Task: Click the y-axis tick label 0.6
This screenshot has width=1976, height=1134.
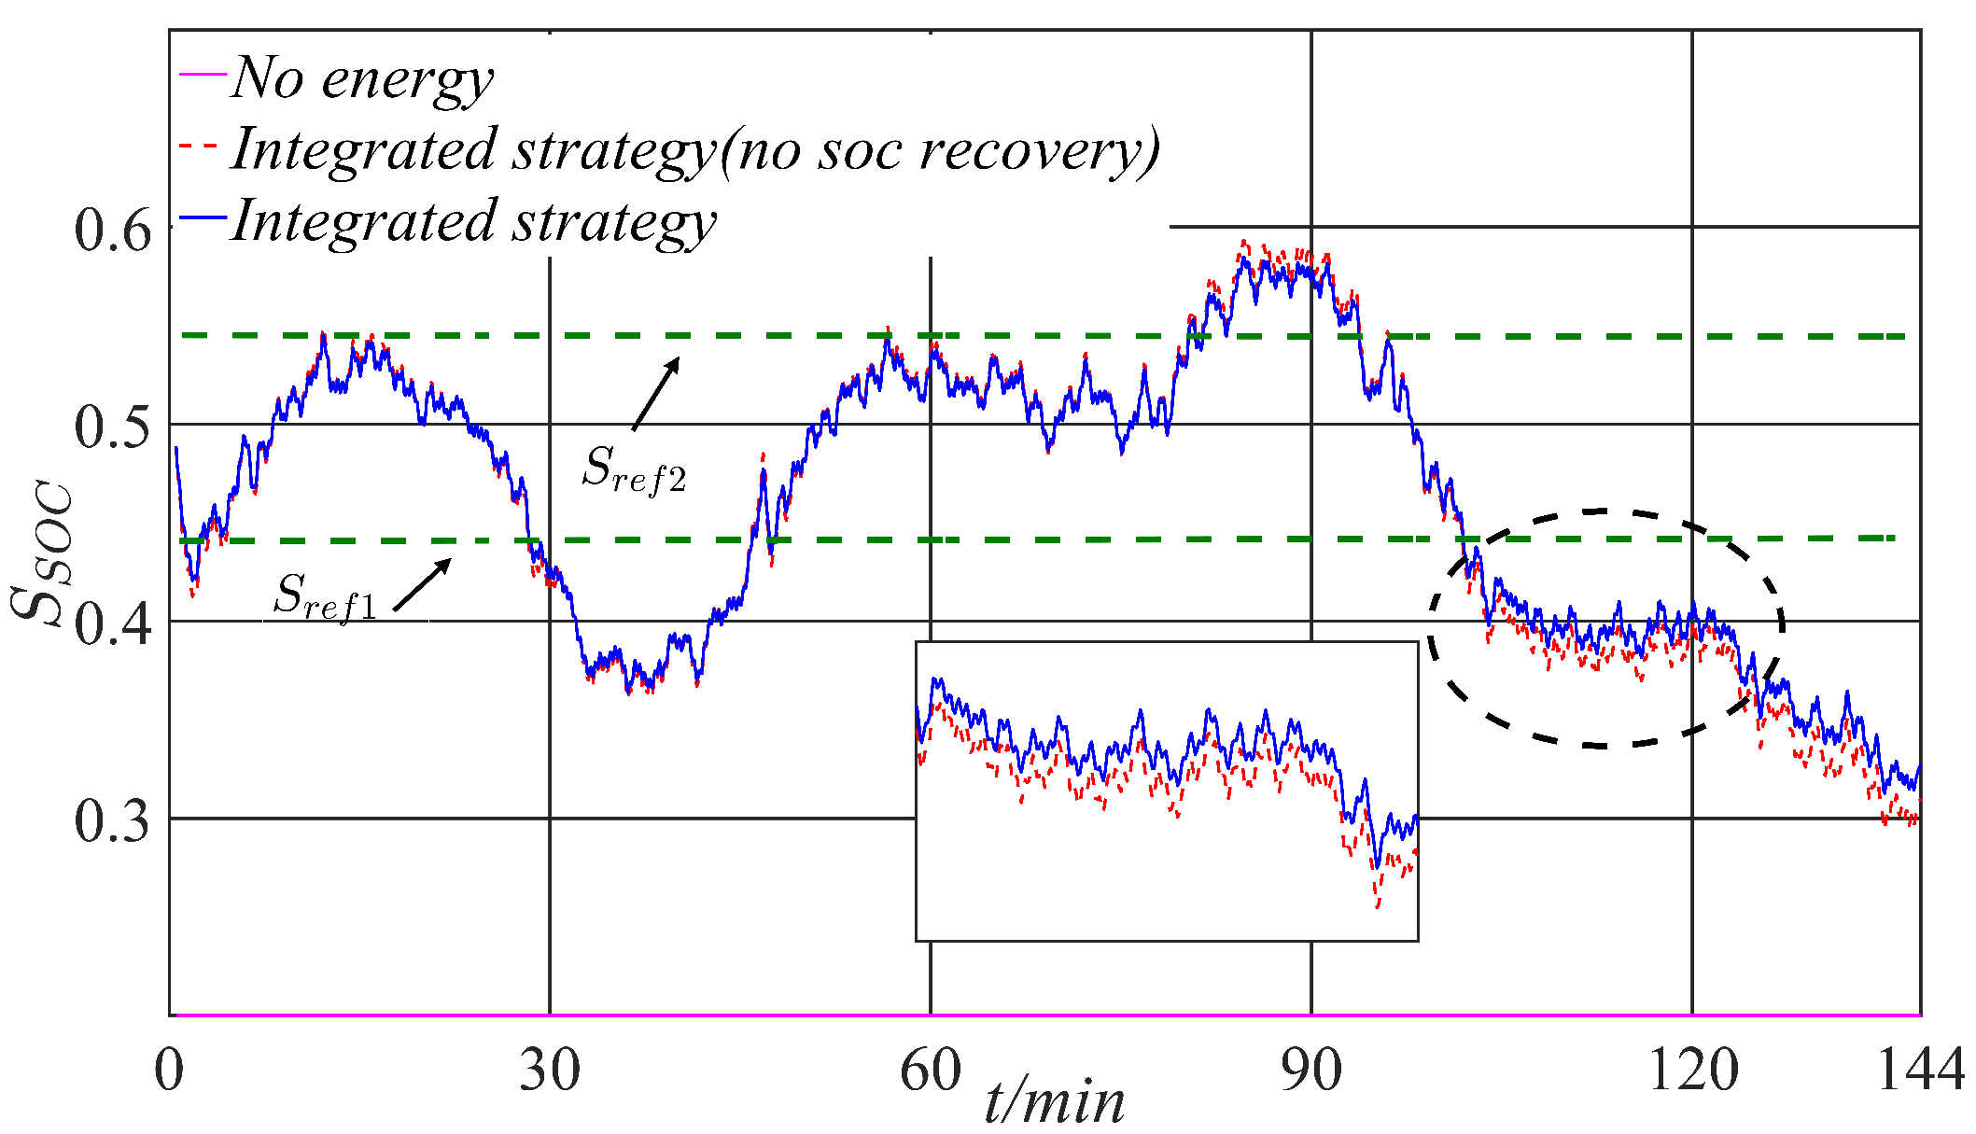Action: (x=111, y=230)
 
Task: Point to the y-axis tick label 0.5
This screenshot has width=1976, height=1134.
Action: (x=111, y=427)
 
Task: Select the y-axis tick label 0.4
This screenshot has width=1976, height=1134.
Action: (x=111, y=623)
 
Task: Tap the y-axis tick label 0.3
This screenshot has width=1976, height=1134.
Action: (x=111, y=820)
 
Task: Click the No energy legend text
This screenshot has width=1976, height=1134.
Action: (x=362, y=78)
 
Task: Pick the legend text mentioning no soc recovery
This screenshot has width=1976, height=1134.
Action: (x=695, y=150)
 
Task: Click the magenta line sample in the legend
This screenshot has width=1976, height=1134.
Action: (x=203, y=74)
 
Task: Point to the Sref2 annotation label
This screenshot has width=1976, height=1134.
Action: (x=634, y=469)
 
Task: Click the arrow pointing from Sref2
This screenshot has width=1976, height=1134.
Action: (x=655, y=394)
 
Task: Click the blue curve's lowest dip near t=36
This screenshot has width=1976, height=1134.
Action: (x=628, y=693)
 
